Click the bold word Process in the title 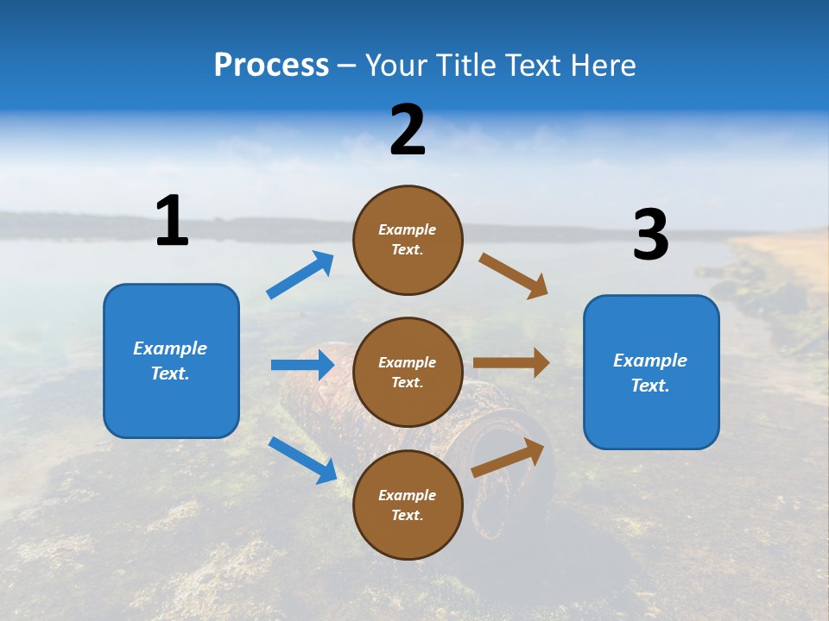pos(271,66)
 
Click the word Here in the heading pos(601,66)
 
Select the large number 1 pos(172,221)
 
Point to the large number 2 pos(408,130)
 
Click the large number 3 pos(650,235)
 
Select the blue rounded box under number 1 pos(171,361)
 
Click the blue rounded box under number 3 pos(651,372)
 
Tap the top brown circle pos(408,240)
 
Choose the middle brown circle pos(408,372)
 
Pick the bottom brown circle pos(408,505)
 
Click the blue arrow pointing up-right pos(300,275)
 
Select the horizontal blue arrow pos(302,365)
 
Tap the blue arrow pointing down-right pos(302,460)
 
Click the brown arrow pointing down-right pos(513,275)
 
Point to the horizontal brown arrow pos(511,363)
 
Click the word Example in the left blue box pos(170,348)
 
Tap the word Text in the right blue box pos(649,386)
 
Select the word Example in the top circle pos(408,229)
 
